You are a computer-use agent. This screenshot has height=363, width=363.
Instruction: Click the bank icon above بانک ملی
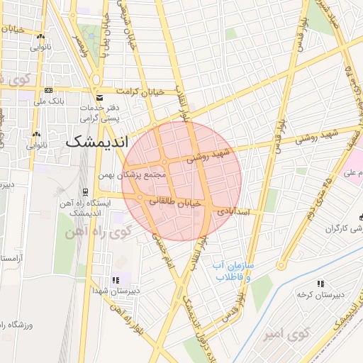[48, 91]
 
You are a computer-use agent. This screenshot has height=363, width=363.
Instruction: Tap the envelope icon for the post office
[98, 96]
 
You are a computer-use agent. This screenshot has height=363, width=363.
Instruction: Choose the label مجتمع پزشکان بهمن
[139, 174]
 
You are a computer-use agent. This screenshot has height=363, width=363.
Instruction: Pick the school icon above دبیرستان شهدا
[115, 280]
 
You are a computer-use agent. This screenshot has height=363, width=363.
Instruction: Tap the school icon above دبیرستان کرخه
[320, 283]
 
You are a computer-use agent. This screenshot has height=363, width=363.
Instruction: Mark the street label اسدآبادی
[231, 211]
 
